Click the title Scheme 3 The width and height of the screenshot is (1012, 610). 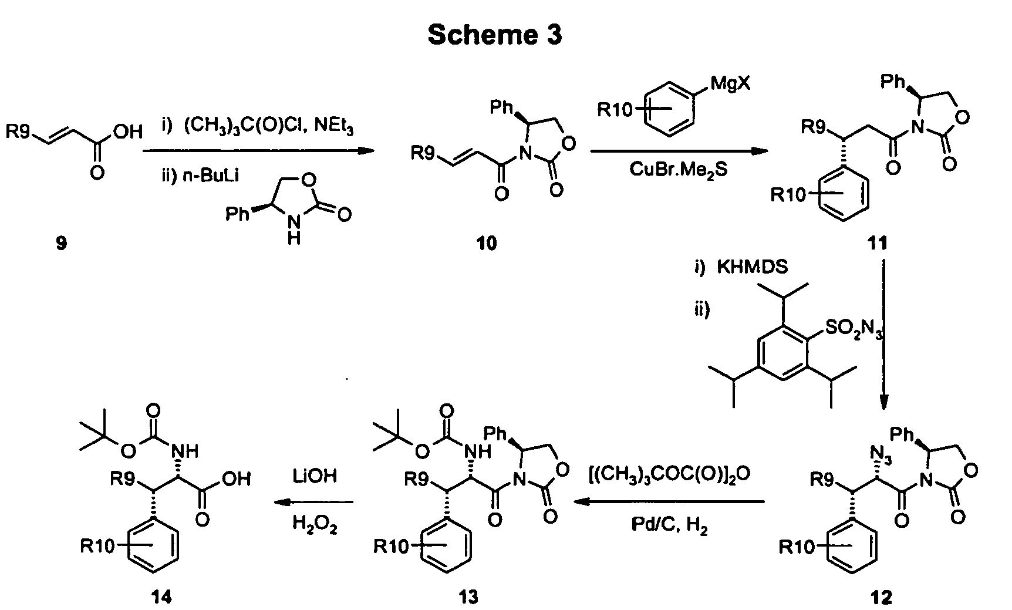pos(494,35)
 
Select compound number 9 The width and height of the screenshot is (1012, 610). pos(61,243)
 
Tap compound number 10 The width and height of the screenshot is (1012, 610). pos(487,243)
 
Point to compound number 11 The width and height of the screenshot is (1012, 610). pos(877,243)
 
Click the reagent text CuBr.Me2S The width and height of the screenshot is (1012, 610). pos(679,170)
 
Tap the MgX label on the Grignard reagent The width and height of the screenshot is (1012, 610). pos(730,84)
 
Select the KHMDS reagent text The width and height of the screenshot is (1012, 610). pos(753,268)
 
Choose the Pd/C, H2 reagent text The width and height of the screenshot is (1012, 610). pos(670,527)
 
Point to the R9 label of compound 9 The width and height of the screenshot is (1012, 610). pos(19,132)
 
